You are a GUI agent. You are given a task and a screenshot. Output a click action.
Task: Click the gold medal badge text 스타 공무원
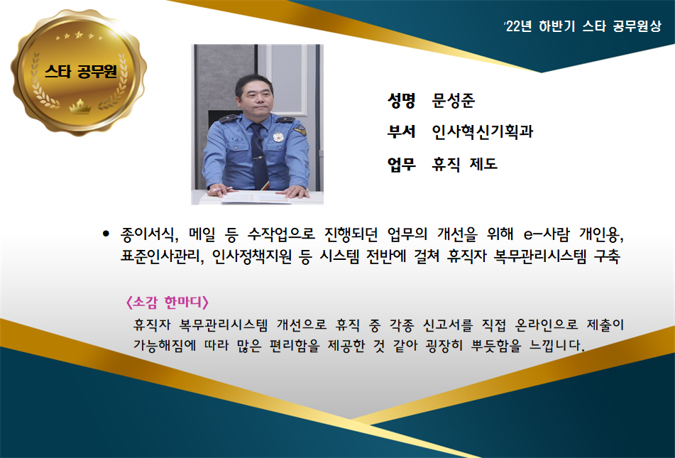[81, 71]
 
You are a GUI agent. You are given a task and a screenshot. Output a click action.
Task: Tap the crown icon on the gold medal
[80, 106]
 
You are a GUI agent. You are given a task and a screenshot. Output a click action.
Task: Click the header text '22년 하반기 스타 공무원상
[583, 27]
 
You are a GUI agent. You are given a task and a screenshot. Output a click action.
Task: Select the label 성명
[401, 100]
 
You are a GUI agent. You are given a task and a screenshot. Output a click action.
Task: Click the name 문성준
[454, 100]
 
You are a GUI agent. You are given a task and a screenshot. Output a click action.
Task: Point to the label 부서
[401, 131]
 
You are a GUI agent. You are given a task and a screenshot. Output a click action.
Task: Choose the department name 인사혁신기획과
[483, 131]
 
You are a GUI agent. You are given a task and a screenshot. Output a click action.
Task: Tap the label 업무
[401, 164]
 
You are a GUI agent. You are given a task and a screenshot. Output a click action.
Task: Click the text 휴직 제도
[465, 164]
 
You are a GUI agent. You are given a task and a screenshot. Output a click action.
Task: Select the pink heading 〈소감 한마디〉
[167, 302]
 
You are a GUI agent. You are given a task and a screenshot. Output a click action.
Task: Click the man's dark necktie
[259, 155]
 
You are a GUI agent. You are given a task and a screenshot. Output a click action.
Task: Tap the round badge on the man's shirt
[278, 137]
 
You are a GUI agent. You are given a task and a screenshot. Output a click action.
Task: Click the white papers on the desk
[256, 198]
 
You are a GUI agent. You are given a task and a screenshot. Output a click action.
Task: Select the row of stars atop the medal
[79, 36]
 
